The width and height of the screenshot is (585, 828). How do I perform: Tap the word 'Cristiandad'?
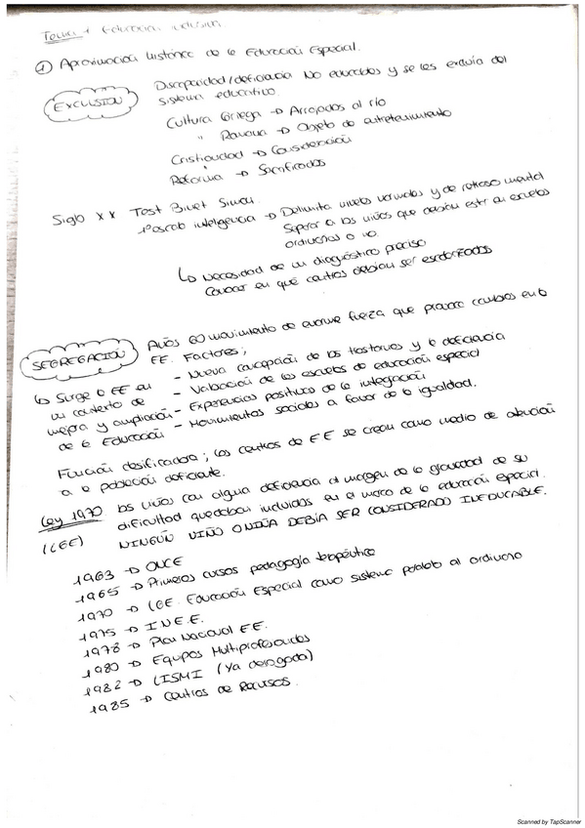coord(199,159)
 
